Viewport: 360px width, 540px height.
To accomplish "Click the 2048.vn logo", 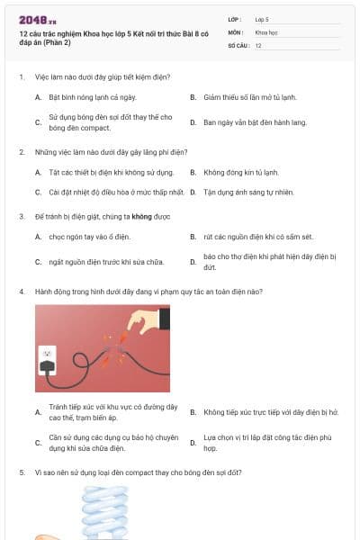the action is [x=38, y=21].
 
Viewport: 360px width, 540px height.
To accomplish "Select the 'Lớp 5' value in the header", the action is [x=262, y=20].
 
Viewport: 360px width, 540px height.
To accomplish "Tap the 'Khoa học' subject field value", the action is [x=266, y=32].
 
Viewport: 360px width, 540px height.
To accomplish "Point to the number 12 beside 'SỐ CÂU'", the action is [x=258, y=46].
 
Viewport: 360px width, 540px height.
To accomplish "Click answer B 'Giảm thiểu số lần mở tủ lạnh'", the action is [x=250, y=97].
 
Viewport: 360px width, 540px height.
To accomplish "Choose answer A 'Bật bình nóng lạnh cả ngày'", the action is [x=93, y=97].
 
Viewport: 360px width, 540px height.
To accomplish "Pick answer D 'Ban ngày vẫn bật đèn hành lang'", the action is [x=255, y=122].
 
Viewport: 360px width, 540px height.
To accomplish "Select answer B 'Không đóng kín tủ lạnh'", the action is [x=241, y=173].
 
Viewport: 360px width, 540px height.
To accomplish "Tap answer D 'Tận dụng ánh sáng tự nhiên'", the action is [x=248, y=193].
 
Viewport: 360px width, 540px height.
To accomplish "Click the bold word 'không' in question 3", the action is [x=141, y=217].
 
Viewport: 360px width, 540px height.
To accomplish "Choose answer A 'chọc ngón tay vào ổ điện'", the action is [x=90, y=237].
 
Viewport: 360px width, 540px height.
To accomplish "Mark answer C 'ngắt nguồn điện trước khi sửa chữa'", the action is [x=106, y=262].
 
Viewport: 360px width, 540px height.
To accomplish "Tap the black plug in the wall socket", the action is [x=48, y=367].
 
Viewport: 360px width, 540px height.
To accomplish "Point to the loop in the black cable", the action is [x=82, y=360].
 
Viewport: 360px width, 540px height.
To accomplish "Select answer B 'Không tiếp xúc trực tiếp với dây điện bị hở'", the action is [x=271, y=412].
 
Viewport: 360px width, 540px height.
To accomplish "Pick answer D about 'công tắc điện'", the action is [x=267, y=443].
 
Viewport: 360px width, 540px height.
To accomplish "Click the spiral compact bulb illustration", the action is [x=105, y=512].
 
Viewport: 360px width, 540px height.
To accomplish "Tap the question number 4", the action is [x=22, y=292].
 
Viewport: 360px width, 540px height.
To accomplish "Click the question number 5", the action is [x=22, y=472].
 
